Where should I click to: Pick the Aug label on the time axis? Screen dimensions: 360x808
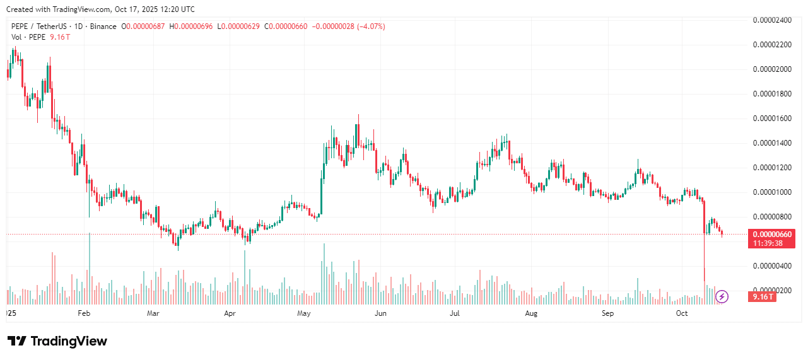[531, 313]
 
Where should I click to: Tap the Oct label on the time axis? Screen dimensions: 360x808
[682, 313]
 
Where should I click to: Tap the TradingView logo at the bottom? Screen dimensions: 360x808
[57, 341]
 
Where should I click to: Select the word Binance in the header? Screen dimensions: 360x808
[103, 26]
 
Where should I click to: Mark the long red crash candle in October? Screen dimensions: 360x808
[705, 240]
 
